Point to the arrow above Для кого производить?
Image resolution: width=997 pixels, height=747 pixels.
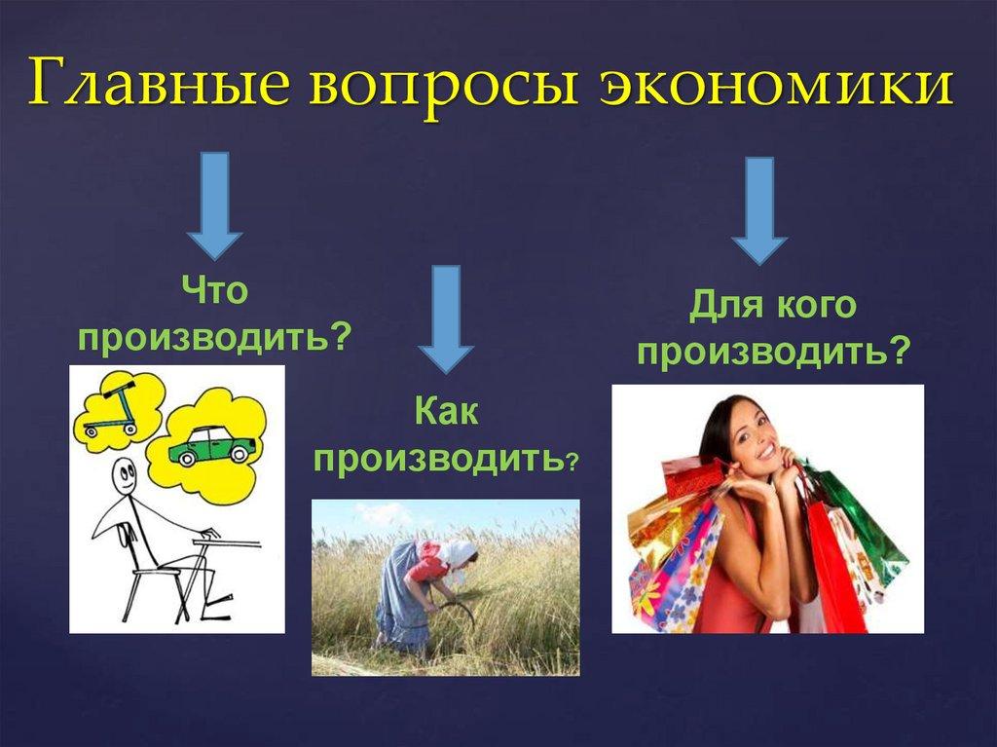[759, 210]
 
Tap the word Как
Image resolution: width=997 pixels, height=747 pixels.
[446, 410]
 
